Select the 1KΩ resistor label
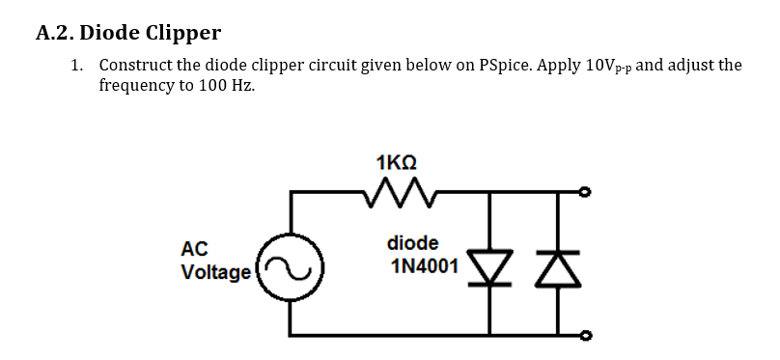[x=401, y=161]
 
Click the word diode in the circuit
[x=412, y=242]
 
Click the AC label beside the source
[x=194, y=249]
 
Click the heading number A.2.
[x=54, y=34]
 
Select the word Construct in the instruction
[x=137, y=66]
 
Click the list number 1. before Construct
[x=77, y=66]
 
